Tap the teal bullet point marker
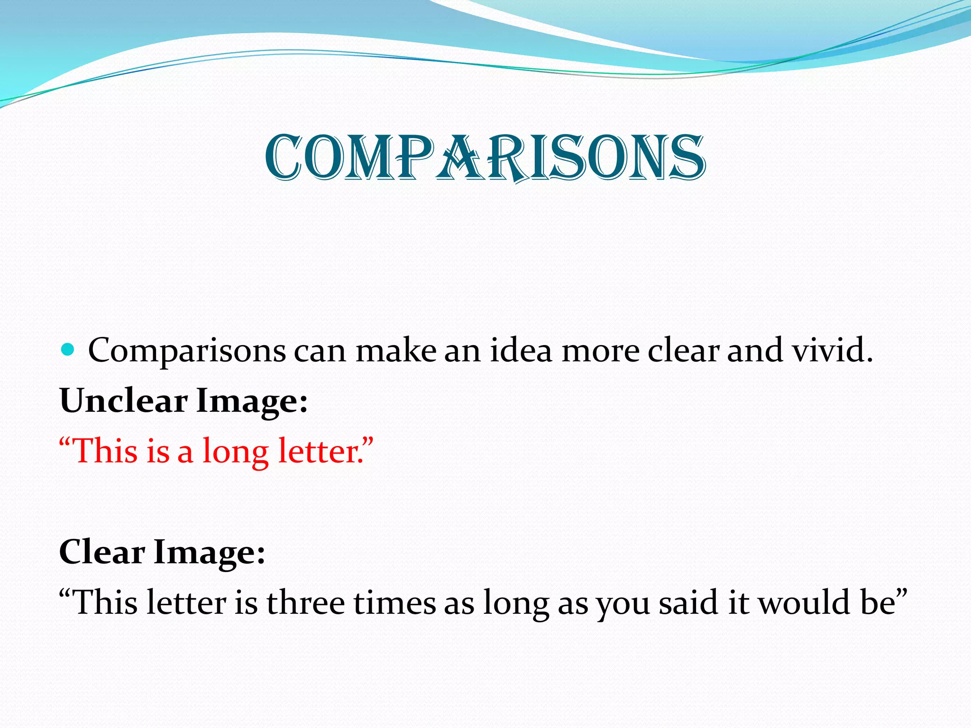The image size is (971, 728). click(x=68, y=350)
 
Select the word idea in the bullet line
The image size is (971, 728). click(x=521, y=351)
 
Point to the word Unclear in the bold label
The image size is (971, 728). click(x=124, y=401)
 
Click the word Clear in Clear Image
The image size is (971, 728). click(x=102, y=552)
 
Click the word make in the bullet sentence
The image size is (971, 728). click(x=395, y=351)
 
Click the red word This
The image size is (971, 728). click(x=106, y=451)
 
